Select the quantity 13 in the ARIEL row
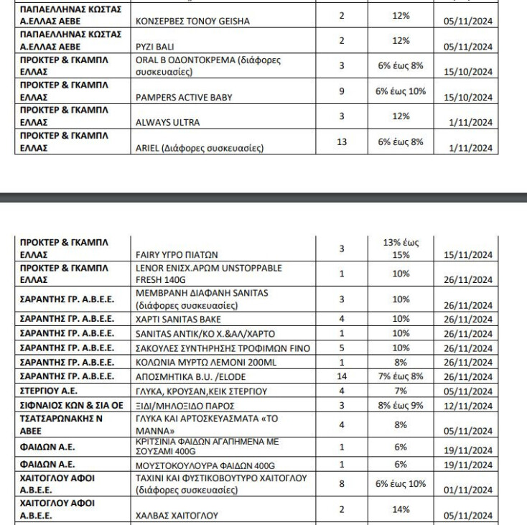[342, 142]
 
